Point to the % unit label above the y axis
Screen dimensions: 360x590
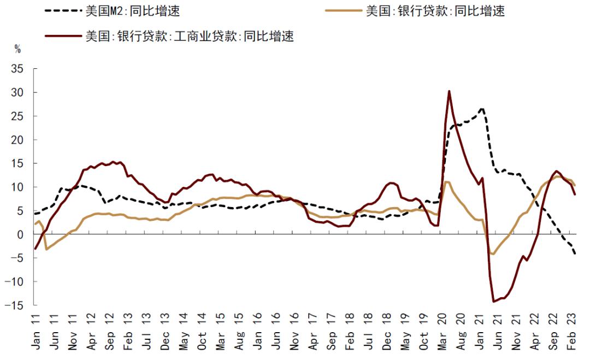(17, 50)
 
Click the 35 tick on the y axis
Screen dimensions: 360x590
(17, 69)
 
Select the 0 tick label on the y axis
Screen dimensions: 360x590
(21, 234)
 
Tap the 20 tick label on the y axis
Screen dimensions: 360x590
(17, 140)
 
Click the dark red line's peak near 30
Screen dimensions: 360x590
(449, 91)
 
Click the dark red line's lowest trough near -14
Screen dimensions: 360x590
(493, 302)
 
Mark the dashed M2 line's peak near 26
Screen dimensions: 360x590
(481, 108)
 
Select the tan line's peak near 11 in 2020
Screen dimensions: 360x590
(447, 182)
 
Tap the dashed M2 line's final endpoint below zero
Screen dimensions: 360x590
(575, 254)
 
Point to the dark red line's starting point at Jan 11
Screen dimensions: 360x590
(36, 249)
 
